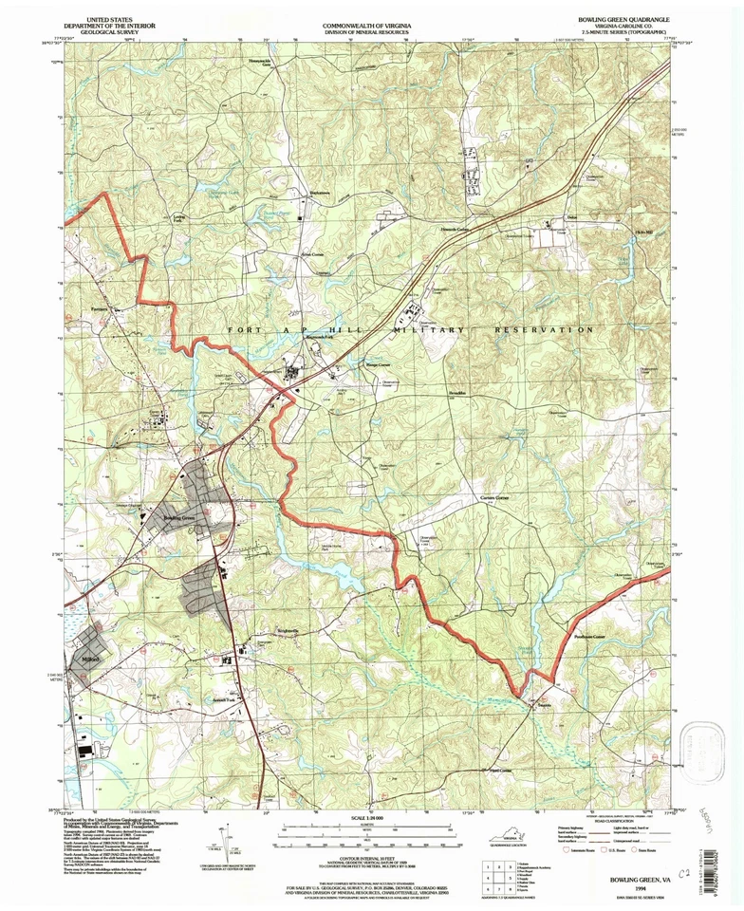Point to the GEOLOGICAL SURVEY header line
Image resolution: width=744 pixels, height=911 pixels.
point(107,30)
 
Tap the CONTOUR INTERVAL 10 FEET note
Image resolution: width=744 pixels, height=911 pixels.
point(372,855)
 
